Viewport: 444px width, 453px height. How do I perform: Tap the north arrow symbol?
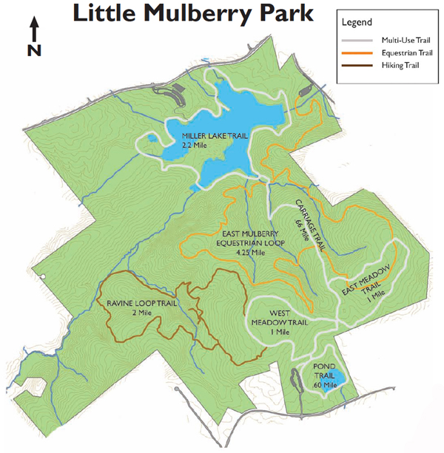click(x=34, y=30)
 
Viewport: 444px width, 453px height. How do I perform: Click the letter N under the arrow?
click(x=34, y=50)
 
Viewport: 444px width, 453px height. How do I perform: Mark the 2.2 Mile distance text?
click(x=193, y=146)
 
